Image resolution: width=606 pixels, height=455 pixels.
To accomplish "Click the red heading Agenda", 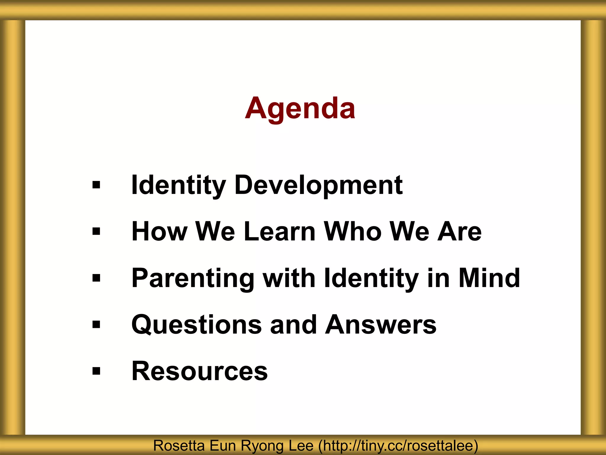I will click(x=300, y=108).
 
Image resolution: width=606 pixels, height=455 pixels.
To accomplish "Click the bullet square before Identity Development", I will click(x=96, y=185).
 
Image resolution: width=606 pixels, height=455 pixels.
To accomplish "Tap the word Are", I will click(x=459, y=231).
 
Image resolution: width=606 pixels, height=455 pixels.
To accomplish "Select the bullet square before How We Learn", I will click(x=96, y=231).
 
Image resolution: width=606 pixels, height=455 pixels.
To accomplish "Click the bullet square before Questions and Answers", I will click(x=96, y=325).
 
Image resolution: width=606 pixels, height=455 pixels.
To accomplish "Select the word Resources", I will click(x=199, y=371).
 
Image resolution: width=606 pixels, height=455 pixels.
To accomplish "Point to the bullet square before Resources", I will click(x=96, y=371).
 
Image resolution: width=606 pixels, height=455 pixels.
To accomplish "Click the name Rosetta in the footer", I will click(x=179, y=446).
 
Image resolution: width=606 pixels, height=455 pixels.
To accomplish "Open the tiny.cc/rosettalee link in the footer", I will click(x=398, y=446).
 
